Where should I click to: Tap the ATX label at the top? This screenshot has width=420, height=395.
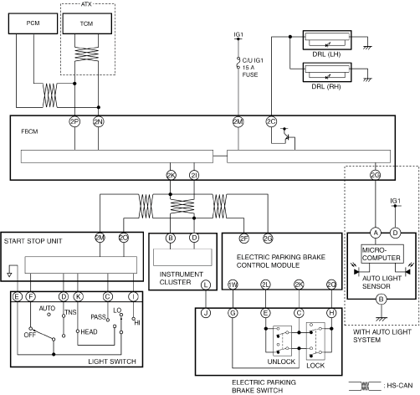86,4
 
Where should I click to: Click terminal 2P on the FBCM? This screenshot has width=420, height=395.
74,121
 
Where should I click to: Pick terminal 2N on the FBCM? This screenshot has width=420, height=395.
99,121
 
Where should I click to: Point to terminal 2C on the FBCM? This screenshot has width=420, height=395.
271,121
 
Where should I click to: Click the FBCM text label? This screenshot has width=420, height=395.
29,131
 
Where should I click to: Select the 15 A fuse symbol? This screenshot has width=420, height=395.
238,64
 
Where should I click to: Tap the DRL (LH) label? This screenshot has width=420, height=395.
326,54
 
